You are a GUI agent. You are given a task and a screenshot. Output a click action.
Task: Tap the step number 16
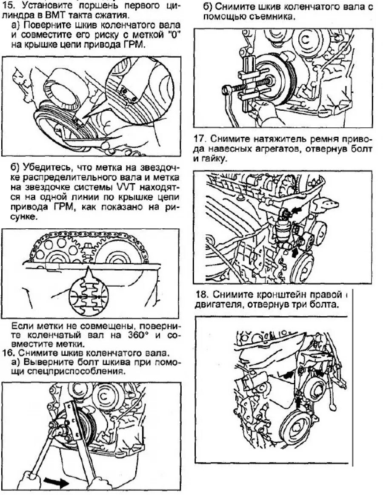coord(8,353)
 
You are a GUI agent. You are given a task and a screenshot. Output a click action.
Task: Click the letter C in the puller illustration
coord(306,40)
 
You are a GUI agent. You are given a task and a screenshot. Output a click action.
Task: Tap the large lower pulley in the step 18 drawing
coord(297,432)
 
